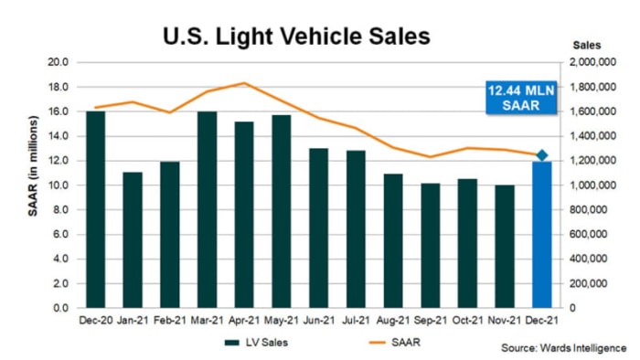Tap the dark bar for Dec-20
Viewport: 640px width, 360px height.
pyautogui.click(x=95, y=209)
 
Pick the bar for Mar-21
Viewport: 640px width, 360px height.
pyautogui.click(x=207, y=209)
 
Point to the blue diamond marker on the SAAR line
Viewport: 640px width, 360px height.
pyautogui.click(x=541, y=155)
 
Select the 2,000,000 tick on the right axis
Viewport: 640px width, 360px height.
pyautogui.click(x=595, y=63)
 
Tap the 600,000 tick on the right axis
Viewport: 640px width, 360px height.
pyautogui.click(x=599, y=235)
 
